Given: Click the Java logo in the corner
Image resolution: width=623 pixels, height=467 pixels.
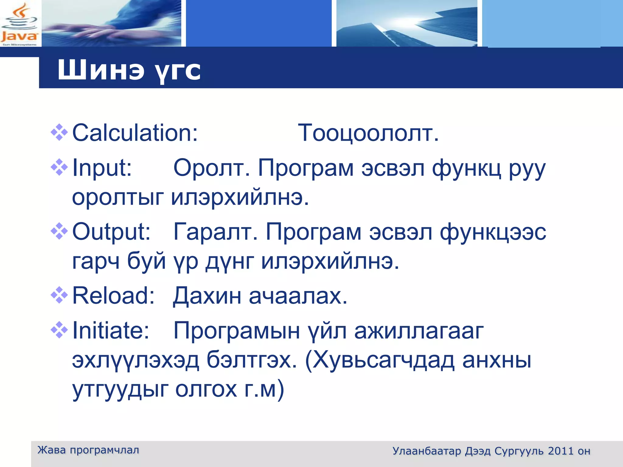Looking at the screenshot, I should click(x=19, y=24).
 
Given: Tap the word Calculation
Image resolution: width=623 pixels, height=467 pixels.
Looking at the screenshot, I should click(x=135, y=133).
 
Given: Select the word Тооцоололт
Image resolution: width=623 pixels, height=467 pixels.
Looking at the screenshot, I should click(x=368, y=133).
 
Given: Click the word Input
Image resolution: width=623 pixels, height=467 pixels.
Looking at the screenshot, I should click(x=102, y=168).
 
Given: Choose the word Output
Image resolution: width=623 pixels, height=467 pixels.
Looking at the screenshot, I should click(x=111, y=232).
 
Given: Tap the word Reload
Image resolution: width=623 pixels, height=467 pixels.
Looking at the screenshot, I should click(x=113, y=296).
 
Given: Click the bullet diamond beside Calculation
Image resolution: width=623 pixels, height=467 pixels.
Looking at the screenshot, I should click(x=59, y=133).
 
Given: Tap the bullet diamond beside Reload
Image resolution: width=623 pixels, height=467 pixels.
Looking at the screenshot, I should click(x=59, y=295).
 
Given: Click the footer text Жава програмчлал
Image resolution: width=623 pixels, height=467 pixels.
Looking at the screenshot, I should click(x=88, y=450).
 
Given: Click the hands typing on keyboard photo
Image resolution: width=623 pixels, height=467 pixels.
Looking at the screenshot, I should click(x=111, y=24).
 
